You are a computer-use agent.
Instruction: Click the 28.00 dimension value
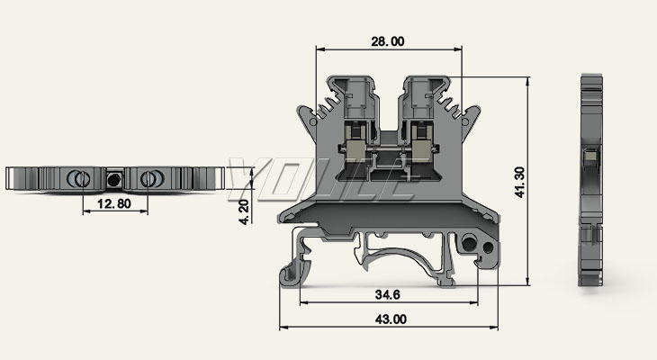388,40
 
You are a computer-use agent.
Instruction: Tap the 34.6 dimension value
387,295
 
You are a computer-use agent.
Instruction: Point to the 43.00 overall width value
389,319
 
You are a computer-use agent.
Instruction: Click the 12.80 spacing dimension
113,204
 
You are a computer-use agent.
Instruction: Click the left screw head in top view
78,177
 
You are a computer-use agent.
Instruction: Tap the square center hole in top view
113,178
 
